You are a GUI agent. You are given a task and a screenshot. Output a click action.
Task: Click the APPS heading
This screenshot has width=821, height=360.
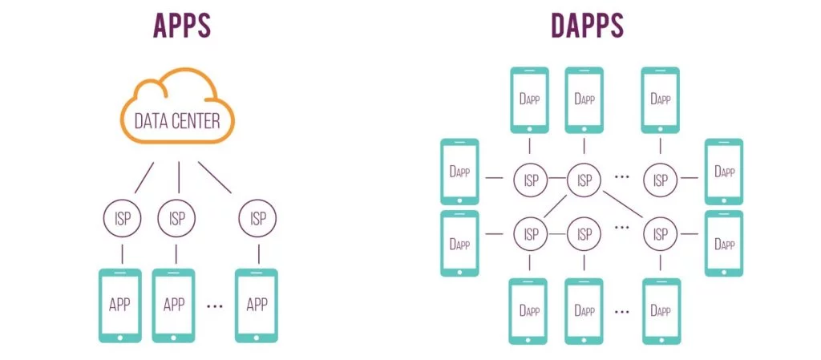pos(182,26)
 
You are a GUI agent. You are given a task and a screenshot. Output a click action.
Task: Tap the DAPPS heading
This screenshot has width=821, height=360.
pos(588,26)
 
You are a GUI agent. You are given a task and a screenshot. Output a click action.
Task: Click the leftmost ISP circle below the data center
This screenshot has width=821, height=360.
pos(122,218)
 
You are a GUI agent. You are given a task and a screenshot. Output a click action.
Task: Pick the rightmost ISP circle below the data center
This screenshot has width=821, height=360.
pos(257,218)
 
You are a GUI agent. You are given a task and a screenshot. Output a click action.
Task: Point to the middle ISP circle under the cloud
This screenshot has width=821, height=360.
pos(177,218)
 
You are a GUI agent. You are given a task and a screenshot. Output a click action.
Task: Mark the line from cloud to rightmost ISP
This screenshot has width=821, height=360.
pos(214,177)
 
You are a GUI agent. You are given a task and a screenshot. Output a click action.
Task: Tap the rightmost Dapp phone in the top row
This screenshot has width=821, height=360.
pos(661,99)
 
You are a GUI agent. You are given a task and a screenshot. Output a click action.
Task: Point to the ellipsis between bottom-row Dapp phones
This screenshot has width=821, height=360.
pos(621,310)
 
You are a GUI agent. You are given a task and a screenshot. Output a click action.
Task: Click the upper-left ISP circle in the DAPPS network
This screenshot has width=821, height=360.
pos(530,180)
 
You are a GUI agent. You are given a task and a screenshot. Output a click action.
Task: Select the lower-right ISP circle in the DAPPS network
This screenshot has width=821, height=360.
pos(660,234)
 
